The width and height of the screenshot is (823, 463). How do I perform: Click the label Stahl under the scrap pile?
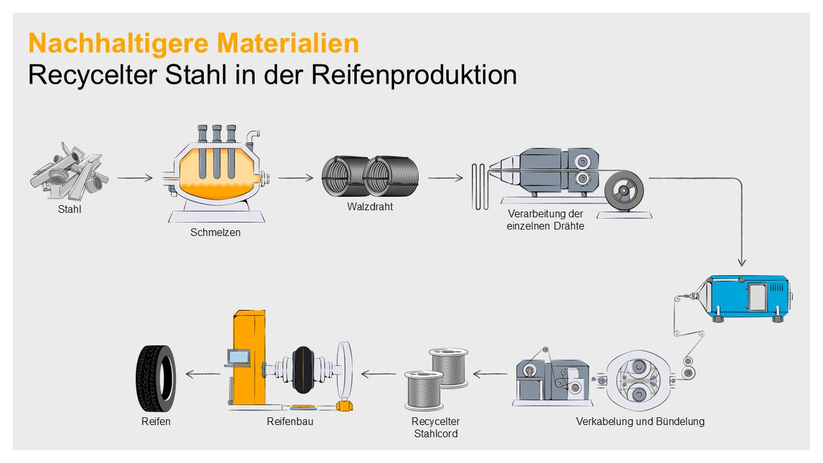coord(69,209)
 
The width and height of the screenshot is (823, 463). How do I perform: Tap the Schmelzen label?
coord(215,232)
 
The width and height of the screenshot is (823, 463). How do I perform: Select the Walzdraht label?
coord(370,206)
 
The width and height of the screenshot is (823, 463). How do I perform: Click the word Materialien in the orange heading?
coord(287,43)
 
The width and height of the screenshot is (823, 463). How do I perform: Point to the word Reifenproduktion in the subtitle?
coord(414,75)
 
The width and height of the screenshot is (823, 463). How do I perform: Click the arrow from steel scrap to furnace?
coord(135,178)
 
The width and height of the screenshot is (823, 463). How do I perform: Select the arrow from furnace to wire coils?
coord(296,178)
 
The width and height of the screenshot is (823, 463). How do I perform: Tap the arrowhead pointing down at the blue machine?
coord(742,262)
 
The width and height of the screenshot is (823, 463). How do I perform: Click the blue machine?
coord(746,298)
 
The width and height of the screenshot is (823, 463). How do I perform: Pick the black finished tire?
coord(156,379)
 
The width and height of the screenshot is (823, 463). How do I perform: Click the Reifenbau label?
coord(290,421)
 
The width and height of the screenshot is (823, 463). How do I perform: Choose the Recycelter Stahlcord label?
coord(436,428)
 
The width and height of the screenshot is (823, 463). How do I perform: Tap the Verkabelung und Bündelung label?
coord(640,421)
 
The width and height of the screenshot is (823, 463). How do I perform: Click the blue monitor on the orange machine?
coord(238,356)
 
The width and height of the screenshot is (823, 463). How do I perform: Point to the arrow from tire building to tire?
coord(203,374)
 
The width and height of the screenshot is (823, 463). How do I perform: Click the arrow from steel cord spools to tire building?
coord(379,374)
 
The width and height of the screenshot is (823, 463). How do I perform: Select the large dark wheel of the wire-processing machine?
coord(624,190)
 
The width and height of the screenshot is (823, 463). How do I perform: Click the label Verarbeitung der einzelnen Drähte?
coord(545,220)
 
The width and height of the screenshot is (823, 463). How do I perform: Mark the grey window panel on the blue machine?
coord(757,296)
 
